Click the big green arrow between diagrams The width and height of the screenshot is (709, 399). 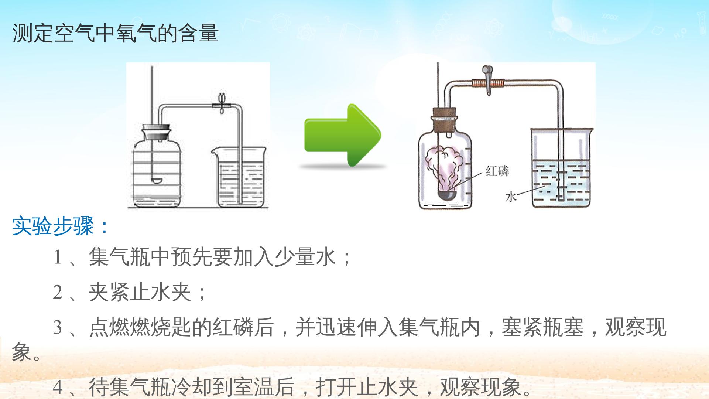(342, 135)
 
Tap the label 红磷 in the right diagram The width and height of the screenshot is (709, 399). (497, 171)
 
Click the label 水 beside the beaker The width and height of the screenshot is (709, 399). (511, 197)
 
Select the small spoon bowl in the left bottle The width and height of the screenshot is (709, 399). (157, 181)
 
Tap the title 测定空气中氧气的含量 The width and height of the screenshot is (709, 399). (116, 33)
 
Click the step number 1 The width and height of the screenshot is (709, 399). (57, 257)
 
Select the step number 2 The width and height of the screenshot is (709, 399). (58, 292)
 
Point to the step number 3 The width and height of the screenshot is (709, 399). (58, 327)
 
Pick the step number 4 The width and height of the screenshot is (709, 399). (58, 387)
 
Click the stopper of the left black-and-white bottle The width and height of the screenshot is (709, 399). (157, 132)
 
